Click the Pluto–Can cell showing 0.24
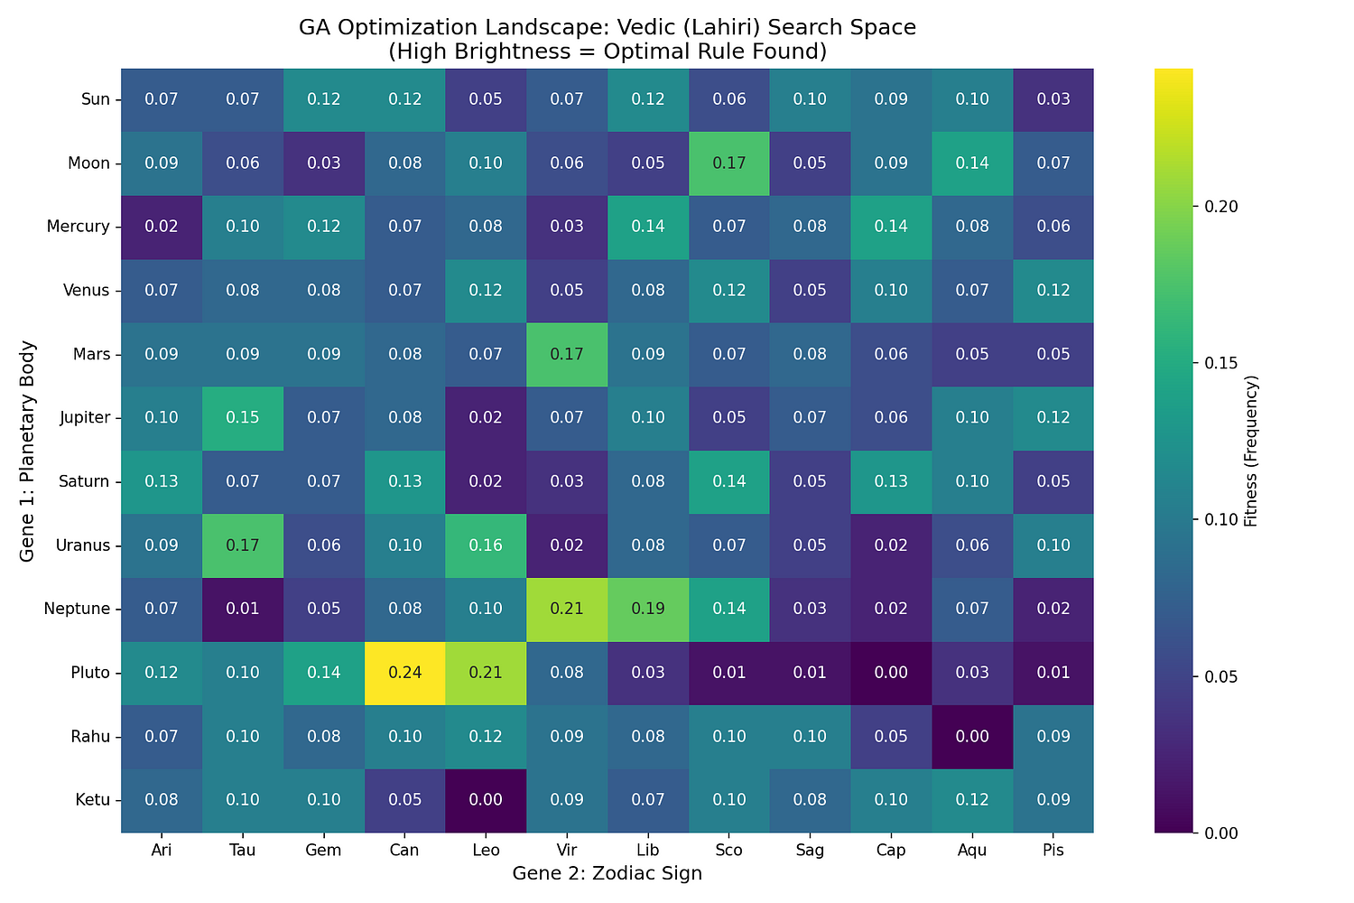tap(404, 673)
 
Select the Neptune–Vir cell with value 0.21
tap(566, 609)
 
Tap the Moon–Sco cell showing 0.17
tap(728, 163)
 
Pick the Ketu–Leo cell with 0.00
tap(486, 800)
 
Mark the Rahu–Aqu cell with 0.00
tap(971, 737)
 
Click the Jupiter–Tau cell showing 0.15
tap(243, 418)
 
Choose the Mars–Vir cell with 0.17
tap(566, 354)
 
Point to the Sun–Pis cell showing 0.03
tap(1053, 99)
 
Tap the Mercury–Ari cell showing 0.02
tap(162, 227)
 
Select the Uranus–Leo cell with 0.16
tap(486, 545)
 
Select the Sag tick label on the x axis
tap(810, 851)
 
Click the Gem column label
tap(324, 851)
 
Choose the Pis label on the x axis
tap(1053, 851)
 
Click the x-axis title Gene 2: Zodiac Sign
tap(607, 873)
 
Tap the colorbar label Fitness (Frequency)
tap(1250, 451)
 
